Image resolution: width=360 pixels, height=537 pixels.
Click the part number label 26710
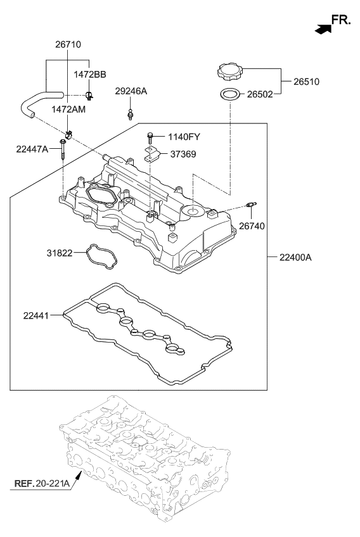coord(68,44)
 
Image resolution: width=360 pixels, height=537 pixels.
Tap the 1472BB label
coord(90,74)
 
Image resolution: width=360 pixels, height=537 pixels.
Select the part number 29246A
coord(131,91)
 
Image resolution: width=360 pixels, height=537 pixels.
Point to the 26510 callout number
coord(306,82)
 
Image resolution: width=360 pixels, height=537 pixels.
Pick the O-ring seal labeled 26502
coord(229,94)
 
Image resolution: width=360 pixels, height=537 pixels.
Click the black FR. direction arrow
coord(323,30)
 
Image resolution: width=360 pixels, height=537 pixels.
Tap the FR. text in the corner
coord(341,20)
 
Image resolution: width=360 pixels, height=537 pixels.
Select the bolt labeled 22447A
coord(62,149)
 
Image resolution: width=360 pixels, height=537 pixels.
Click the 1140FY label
coord(184,137)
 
